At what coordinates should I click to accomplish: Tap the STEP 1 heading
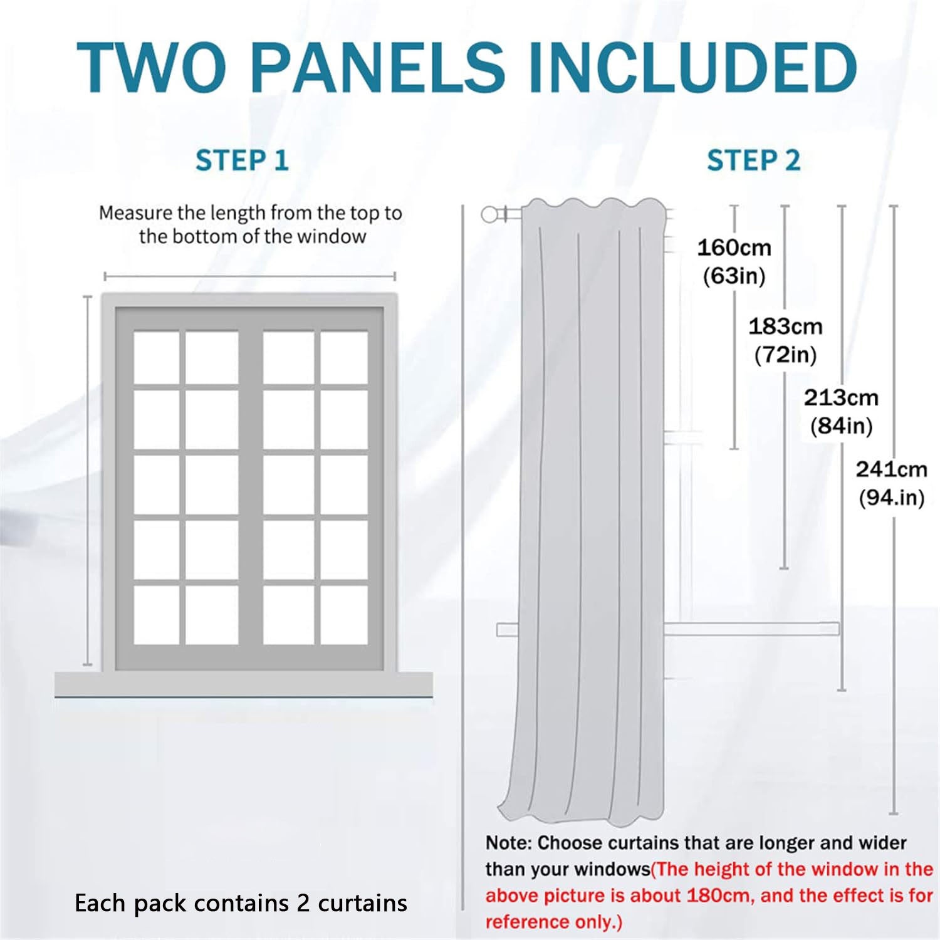242,160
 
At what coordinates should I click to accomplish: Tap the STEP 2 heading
753,160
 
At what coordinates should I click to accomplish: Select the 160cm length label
734,248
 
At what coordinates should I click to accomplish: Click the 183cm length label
785,326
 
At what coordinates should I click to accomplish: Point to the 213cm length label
841,397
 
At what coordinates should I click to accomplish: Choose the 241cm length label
892,469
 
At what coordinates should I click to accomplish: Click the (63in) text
734,276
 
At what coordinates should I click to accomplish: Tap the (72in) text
786,355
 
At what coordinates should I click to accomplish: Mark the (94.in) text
892,498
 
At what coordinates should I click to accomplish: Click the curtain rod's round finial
489,214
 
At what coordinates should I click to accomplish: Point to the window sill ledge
244,684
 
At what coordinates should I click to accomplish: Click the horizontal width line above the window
250,276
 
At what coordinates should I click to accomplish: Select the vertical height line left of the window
88,481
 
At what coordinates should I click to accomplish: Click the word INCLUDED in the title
693,67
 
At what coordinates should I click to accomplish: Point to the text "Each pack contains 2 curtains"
241,903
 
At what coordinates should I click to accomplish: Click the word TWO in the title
151,67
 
